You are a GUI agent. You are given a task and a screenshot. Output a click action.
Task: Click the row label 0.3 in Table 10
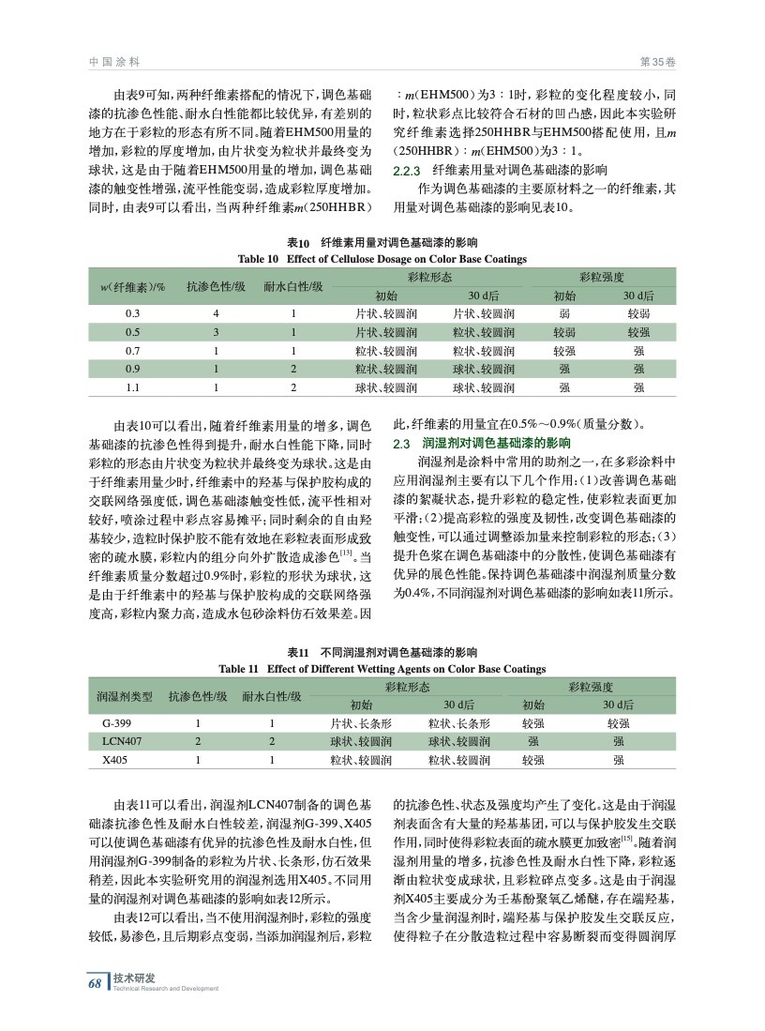click(132, 313)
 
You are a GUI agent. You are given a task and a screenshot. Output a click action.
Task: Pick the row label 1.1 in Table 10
click(132, 387)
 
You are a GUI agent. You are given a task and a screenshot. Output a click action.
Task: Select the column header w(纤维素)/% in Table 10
click(132, 286)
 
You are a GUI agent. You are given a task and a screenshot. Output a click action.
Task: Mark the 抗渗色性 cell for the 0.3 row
click(216, 313)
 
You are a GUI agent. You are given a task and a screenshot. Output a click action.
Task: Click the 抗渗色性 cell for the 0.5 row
click(216, 331)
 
